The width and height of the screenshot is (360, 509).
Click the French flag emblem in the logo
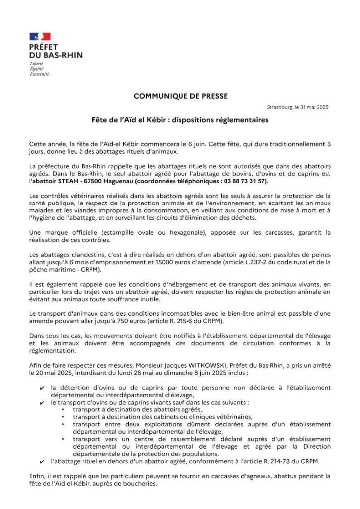(x=40, y=36)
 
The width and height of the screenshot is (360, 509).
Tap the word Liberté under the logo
(x=36, y=64)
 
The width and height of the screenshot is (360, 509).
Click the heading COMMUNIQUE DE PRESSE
(x=180, y=96)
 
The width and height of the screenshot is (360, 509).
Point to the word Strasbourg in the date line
(x=277, y=107)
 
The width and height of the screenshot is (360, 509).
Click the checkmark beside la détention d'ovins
(x=43, y=388)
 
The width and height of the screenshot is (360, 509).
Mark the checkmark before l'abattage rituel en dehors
(x=43, y=461)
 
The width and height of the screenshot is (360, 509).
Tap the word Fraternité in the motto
(x=39, y=74)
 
